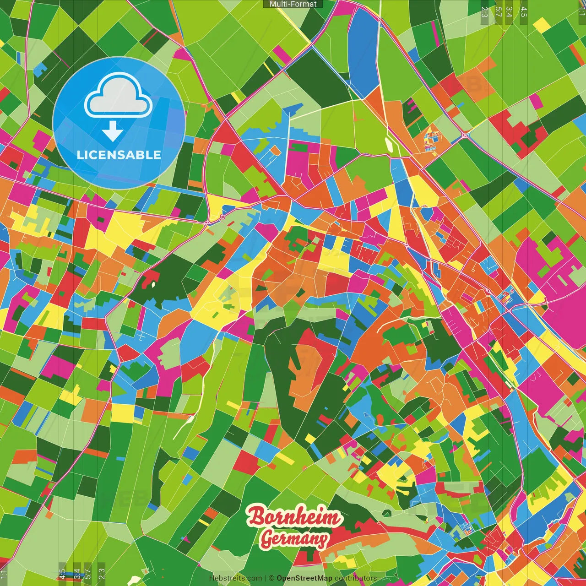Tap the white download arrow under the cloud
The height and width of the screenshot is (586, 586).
[113, 131]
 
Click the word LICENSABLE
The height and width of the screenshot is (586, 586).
[119, 155]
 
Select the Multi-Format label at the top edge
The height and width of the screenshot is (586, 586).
[293, 4]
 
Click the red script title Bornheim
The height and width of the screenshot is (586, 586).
[294, 517]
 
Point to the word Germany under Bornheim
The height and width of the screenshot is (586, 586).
[294, 539]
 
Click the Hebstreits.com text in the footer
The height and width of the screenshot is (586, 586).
[235, 578]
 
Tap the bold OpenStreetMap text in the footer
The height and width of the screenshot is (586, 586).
[304, 578]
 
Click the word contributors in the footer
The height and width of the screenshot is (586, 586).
[355, 578]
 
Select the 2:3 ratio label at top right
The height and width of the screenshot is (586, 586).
[484, 12]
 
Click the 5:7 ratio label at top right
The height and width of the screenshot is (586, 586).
[498, 12]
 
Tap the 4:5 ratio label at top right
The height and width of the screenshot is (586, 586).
[523, 12]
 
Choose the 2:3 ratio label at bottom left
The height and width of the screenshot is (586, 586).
[102, 574]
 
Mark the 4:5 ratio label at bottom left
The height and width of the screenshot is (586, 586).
[62, 574]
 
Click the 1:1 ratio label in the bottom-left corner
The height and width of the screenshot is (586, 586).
[4, 575]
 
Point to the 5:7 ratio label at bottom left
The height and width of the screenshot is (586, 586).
[88, 574]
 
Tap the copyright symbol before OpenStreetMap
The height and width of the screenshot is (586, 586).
[271, 578]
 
